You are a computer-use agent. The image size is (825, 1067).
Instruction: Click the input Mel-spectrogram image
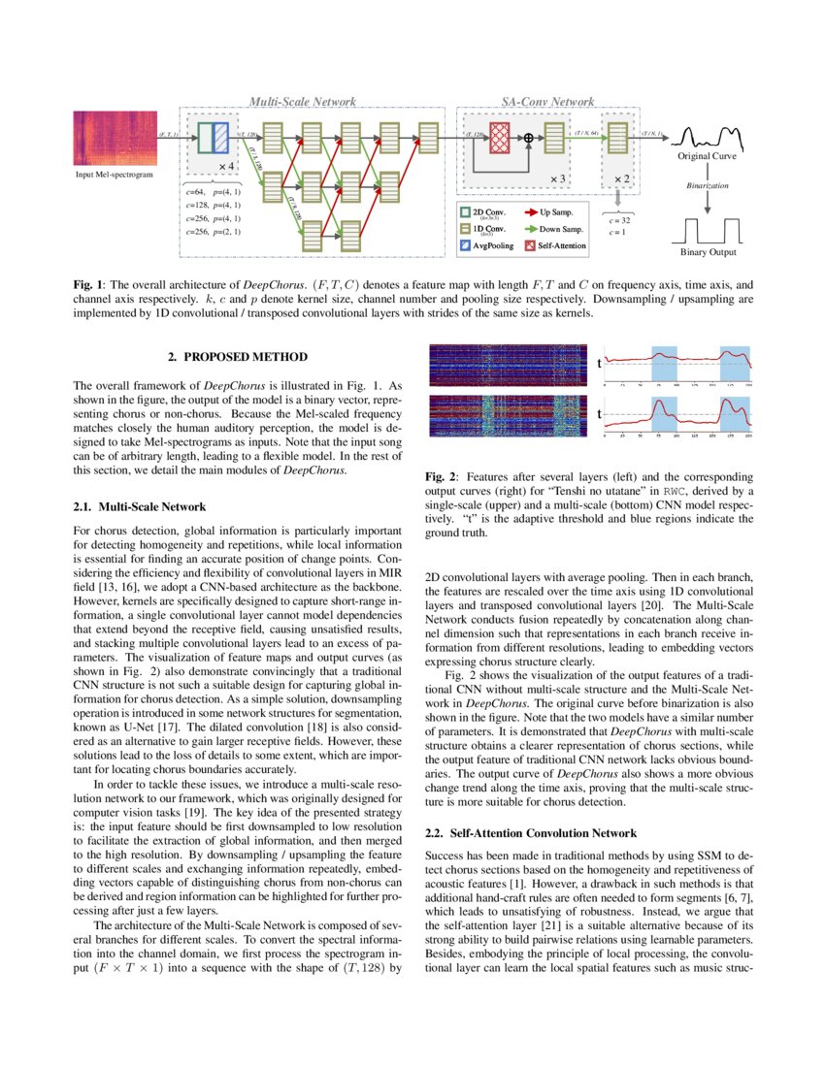115,138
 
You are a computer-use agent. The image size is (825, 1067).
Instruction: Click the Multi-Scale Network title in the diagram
302,101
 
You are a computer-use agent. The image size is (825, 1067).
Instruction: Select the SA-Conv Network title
547,101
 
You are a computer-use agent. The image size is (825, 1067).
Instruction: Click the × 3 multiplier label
558,178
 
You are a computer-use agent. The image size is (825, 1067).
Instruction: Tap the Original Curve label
707,156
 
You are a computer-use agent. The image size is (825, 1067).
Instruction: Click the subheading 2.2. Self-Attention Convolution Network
531,833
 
